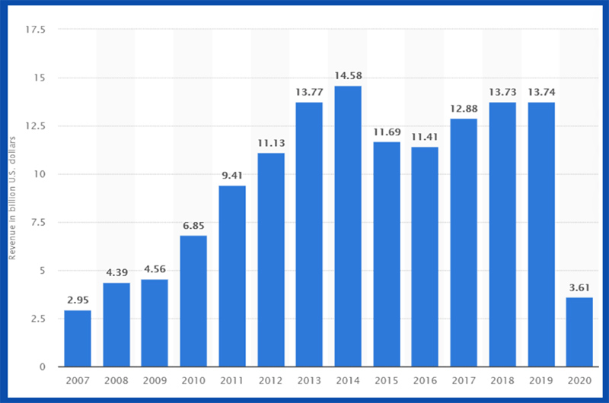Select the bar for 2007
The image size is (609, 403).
(x=78, y=338)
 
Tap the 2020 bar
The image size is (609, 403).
(x=579, y=332)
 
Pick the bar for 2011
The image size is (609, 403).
(x=232, y=276)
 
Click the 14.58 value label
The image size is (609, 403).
(x=348, y=75)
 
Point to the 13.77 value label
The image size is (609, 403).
(x=309, y=91)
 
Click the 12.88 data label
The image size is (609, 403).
(x=464, y=108)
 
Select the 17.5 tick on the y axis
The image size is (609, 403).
(x=37, y=30)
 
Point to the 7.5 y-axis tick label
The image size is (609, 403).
(x=38, y=222)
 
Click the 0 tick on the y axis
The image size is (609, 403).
(x=44, y=367)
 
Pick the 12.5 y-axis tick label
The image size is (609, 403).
(x=37, y=126)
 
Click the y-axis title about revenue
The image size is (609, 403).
(x=13, y=198)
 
